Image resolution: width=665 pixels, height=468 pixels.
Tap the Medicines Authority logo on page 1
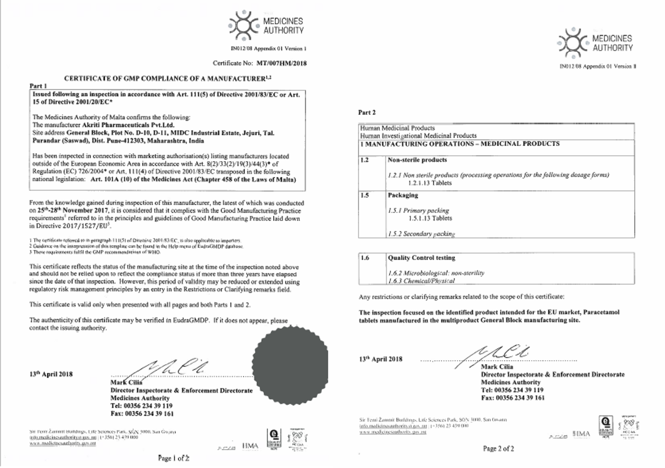coord(266,25)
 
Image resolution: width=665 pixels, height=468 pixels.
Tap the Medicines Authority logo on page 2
coord(595,43)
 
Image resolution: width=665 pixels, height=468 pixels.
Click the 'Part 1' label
coord(38,86)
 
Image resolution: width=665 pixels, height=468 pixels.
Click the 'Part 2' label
coord(367,113)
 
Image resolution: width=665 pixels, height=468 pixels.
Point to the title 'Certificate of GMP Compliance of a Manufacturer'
coord(165,78)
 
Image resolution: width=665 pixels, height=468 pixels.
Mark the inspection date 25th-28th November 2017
coord(74,211)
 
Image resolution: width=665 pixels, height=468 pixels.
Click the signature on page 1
coord(170,368)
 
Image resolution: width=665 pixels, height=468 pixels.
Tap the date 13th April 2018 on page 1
coord(51,374)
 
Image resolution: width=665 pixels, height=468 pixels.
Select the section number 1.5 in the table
coord(365,195)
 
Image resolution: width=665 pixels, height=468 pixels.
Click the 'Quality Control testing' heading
coord(421,258)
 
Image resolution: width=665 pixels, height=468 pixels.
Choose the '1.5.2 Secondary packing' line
coord(421,234)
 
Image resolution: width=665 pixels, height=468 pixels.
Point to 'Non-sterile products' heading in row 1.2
coord(417,160)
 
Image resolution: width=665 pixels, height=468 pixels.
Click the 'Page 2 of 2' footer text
coord(498,448)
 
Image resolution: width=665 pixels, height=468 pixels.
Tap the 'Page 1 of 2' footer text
coord(173,458)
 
